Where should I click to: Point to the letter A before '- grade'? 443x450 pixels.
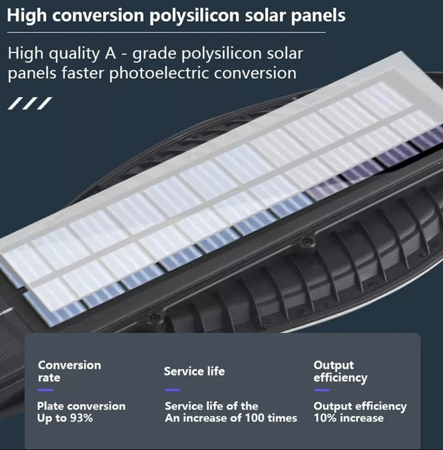coord(110,54)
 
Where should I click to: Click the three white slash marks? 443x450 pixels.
coord(29,104)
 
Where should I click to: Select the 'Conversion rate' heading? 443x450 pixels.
coord(69,371)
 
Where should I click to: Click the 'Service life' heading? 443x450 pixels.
coord(194,371)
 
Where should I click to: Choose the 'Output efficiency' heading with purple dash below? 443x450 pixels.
coord(340,371)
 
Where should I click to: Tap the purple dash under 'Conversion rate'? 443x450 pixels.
coord(45,390)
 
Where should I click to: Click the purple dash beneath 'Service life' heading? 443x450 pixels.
coord(172,390)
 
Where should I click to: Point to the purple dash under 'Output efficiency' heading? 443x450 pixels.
coord(322,390)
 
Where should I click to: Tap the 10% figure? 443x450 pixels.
coord(324,418)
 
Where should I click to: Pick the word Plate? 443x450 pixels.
coord(50,406)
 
